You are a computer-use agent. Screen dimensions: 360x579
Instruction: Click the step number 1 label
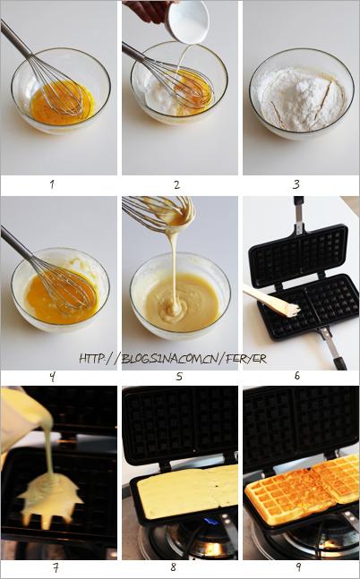[52, 183]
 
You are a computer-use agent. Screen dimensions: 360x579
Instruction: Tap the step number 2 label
[177, 184]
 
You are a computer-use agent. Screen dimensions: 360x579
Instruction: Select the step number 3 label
[296, 184]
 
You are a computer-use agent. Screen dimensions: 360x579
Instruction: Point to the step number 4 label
[52, 377]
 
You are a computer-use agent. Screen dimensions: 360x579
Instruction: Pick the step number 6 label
[296, 376]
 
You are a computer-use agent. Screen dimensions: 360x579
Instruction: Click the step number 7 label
[56, 567]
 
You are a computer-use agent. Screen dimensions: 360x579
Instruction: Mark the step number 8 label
[174, 566]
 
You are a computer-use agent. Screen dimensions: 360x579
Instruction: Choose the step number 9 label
[298, 567]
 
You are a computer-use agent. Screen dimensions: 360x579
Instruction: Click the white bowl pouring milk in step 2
[187, 21]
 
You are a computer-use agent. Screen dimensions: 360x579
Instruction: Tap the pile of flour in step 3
[301, 98]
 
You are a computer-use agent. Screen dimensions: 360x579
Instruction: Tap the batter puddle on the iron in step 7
[51, 498]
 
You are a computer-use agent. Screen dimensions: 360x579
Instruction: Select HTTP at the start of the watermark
[91, 358]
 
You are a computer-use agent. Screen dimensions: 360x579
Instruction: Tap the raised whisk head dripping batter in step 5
[159, 213]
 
